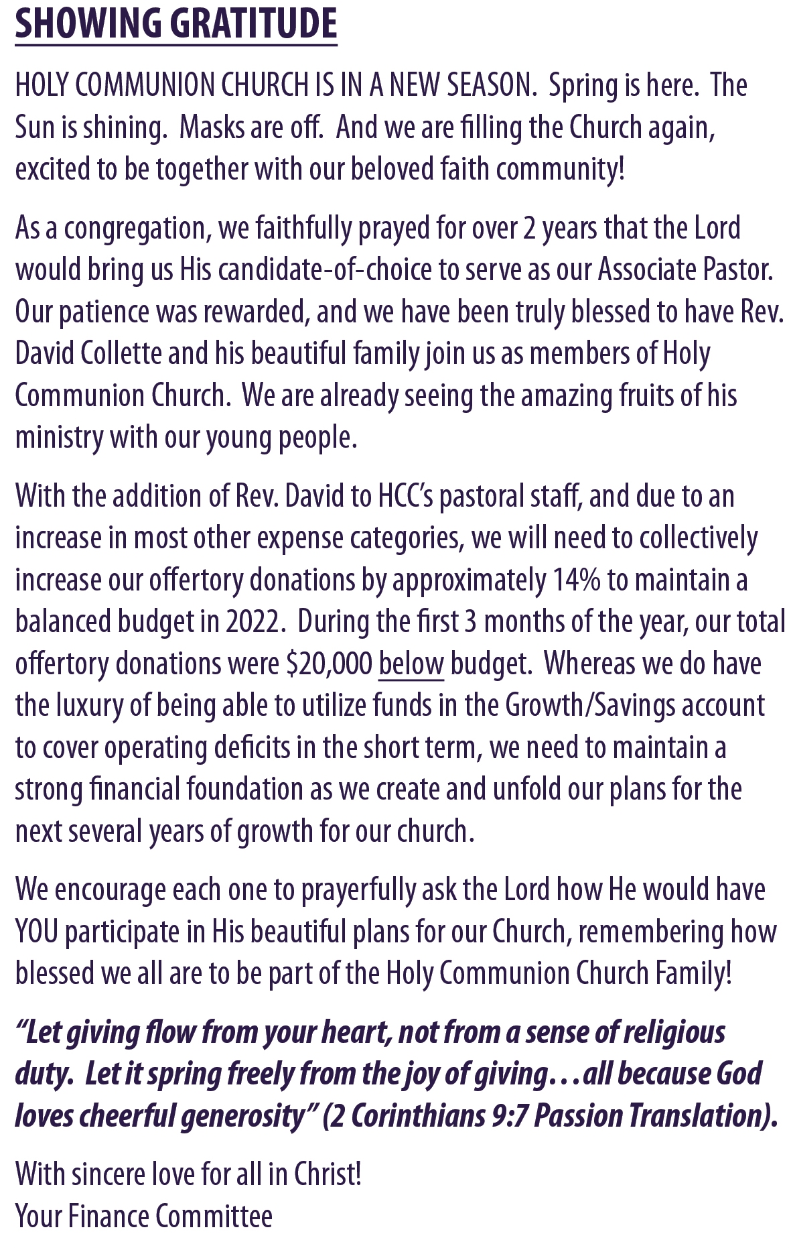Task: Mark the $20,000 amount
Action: click(x=328, y=664)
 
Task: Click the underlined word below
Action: click(x=411, y=664)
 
